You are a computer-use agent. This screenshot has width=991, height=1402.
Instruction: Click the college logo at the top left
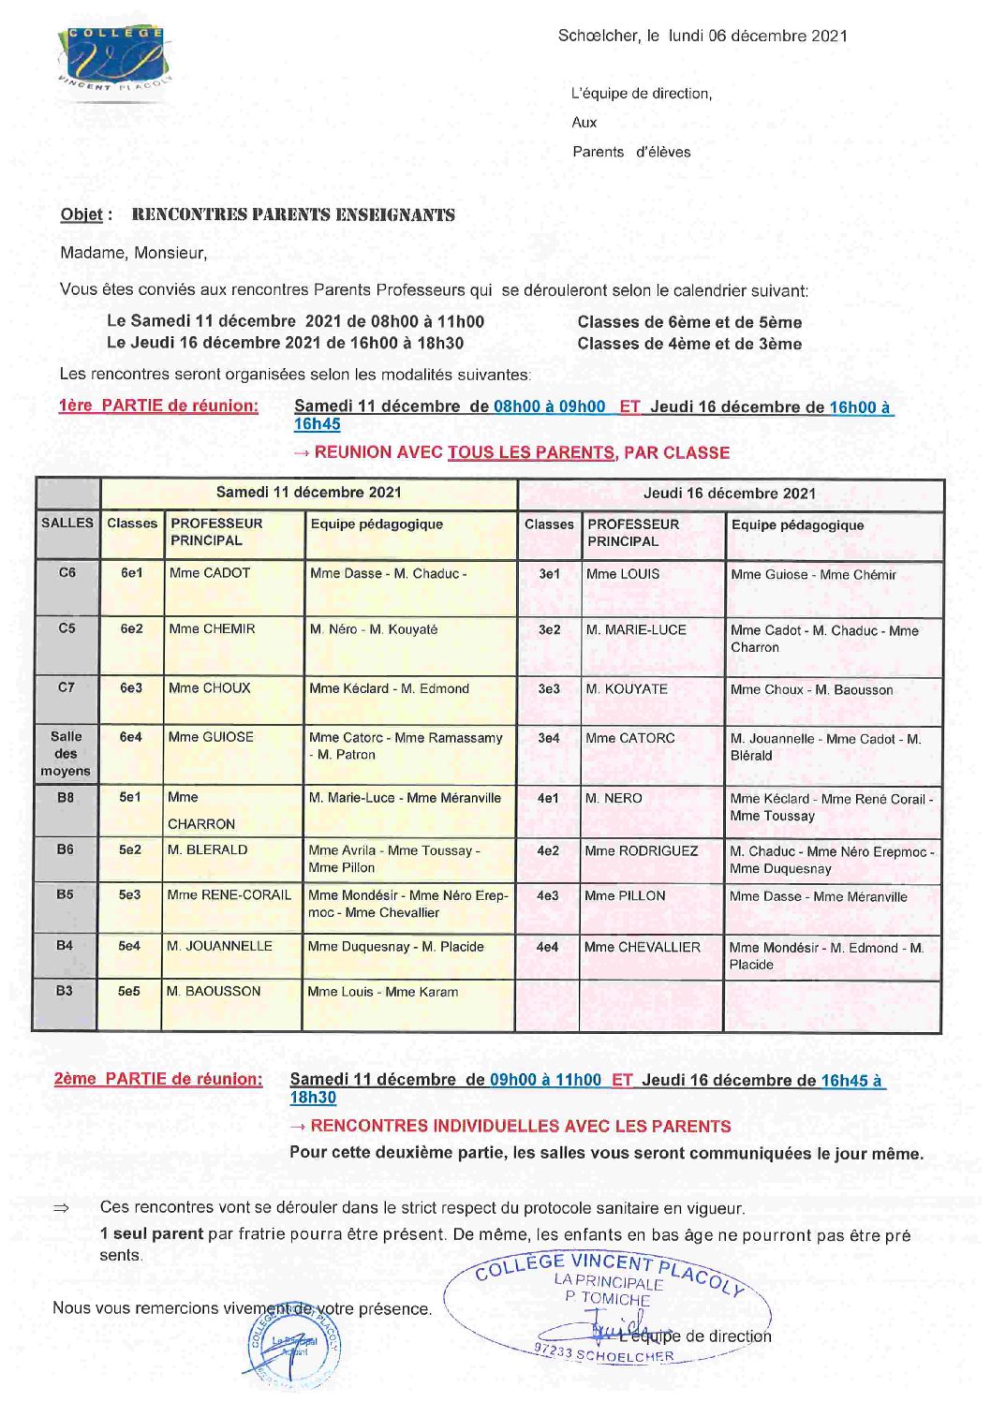(x=114, y=58)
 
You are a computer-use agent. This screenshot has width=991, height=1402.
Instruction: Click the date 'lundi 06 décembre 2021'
(x=758, y=37)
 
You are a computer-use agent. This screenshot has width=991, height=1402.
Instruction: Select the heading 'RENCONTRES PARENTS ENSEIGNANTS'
(x=293, y=214)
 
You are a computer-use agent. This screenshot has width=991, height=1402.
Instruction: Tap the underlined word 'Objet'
(x=81, y=214)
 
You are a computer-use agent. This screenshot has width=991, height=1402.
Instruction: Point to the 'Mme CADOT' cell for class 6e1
(x=210, y=573)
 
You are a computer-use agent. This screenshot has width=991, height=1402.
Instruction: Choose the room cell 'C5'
(x=67, y=628)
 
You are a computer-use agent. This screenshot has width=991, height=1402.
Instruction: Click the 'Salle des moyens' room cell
(x=66, y=754)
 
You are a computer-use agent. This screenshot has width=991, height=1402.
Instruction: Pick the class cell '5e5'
(x=129, y=991)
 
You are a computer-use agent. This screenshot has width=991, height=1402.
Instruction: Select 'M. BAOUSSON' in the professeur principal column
(x=214, y=991)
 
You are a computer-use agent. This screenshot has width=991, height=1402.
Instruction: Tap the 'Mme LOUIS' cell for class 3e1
(x=623, y=574)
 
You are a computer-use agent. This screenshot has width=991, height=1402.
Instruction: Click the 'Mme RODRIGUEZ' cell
(x=642, y=851)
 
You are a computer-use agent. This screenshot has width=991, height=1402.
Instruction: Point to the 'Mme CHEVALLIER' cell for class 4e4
(x=643, y=947)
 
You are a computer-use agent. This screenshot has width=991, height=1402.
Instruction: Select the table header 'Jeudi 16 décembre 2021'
(x=730, y=494)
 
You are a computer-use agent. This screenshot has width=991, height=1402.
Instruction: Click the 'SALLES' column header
(x=67, y=523)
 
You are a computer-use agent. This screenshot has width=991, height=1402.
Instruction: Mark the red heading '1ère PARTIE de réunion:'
(x=158, y=406)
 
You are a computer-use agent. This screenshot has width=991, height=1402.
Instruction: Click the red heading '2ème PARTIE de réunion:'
(x=158, y=1079)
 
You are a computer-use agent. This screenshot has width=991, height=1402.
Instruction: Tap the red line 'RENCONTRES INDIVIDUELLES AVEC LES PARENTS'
(x=521, y=1126)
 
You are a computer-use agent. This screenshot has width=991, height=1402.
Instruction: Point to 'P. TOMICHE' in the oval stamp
(x=607, y=1298)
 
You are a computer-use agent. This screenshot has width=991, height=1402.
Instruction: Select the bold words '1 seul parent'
(x=152, y=1234)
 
